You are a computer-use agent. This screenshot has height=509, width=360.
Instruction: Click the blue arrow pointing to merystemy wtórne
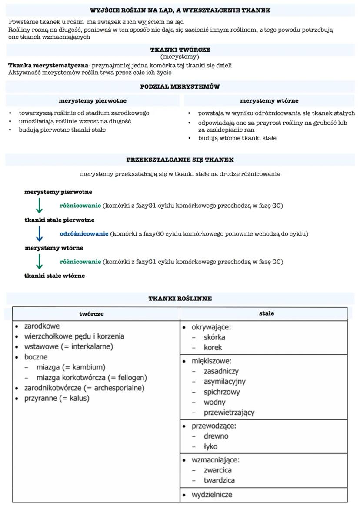(x=40, y=234)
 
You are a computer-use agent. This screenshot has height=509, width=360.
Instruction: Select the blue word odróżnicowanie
(x=84, y=234)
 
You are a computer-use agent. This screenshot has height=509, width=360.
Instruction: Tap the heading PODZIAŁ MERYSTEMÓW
(x=180, y=86)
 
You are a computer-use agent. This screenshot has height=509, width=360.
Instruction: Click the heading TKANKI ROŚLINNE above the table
(x=180, y=299)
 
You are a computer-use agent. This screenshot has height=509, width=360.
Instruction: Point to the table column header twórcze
(x=91, y=314)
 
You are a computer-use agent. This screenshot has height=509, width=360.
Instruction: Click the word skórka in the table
(x=214, y=337)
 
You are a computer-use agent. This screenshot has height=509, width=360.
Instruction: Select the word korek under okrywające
(x=213, y=348)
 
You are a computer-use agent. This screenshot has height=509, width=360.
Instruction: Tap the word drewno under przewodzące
(x=216, y=436)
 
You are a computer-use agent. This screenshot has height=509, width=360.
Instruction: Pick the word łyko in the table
(x=210, y=446)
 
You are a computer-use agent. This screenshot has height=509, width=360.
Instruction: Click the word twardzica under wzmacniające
(x=220, y=480)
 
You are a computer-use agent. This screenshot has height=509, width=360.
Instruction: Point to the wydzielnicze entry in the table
(x=212, y=495)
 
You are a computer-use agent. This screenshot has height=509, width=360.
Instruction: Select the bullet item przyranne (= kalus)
(x=57, y=398)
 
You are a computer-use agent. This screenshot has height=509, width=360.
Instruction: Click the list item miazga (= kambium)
(x=71, y=367)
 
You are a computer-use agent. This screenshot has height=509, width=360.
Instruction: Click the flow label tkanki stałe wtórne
(x=54, y=276)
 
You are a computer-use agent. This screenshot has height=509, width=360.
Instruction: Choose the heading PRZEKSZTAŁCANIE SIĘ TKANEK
(x=180, y=160)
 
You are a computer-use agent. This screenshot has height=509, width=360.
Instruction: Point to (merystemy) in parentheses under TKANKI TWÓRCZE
(x=180, y=57)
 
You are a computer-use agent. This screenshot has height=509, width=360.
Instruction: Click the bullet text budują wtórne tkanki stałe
(x=237, y=138)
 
